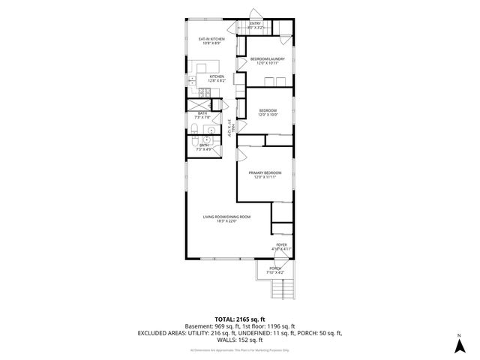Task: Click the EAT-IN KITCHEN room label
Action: click(212, 38)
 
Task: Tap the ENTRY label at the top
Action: click(255, 24)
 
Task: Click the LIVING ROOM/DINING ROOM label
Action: click(226, 217)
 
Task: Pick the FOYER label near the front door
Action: click(281, 244)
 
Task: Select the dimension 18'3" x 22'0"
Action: click(226, 221)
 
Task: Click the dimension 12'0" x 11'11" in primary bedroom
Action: click(265, 178)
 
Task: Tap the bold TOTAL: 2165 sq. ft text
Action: click(240, 319)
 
